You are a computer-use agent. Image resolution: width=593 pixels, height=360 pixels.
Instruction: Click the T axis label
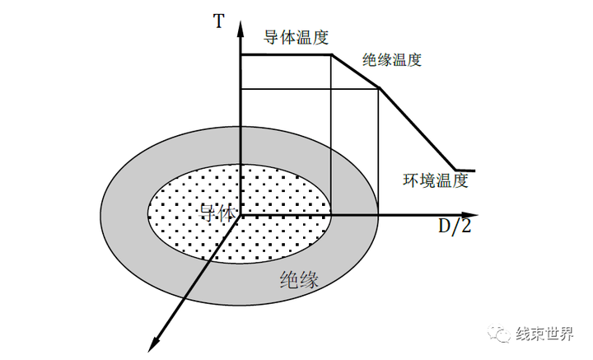coord(218,21)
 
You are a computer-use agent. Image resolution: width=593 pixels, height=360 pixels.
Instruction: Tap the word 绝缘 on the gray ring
coord(299,280)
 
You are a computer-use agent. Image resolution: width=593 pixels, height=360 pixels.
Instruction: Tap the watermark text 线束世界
coord(545,333)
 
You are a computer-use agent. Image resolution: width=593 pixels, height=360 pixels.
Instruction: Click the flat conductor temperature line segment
coord(285,55)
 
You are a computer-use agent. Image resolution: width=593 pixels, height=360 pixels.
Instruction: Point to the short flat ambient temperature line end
coord(466,170)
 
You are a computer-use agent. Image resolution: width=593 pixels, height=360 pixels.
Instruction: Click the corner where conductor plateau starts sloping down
coord(331,55)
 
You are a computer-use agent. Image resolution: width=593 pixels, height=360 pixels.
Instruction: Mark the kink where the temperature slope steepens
coord(379,89)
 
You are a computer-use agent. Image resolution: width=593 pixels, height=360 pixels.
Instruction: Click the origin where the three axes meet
coord(240,215)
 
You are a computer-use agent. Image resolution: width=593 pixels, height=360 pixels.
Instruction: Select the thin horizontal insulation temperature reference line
coord(309,89)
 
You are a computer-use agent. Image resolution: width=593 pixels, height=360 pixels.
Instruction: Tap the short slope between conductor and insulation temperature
coord(355,72)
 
